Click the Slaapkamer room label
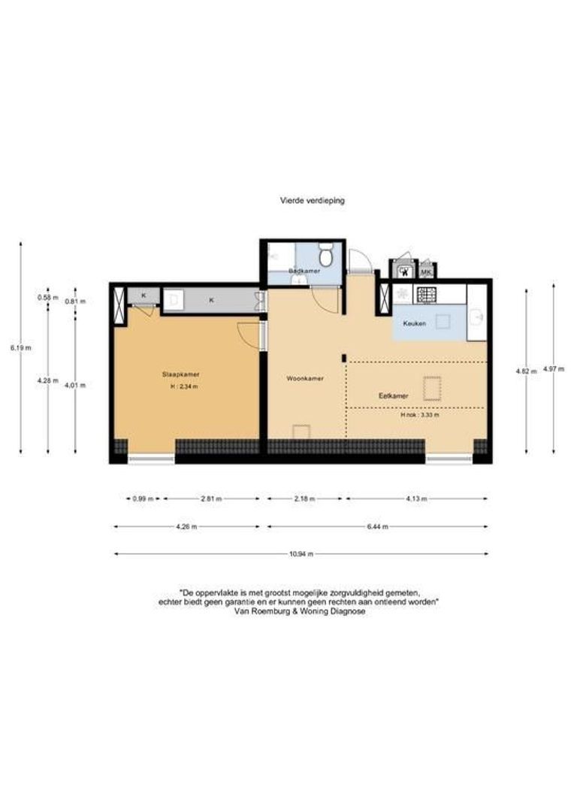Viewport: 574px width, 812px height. [x=180, y=374]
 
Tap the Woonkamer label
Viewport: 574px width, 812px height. [x=305, y=378]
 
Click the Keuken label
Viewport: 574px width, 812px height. [x=415, y=323]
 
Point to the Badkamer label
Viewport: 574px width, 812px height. [x=304, y=270]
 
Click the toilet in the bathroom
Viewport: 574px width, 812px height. [x=325, y=251]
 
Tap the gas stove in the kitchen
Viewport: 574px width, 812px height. [x=427, y=292]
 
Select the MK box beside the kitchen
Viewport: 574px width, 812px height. [x=426, y=271]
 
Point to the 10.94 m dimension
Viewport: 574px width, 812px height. [x=302, y=554]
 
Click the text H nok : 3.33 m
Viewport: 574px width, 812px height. [x=420, y=414]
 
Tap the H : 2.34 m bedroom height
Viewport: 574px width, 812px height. [x=184, y=386]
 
